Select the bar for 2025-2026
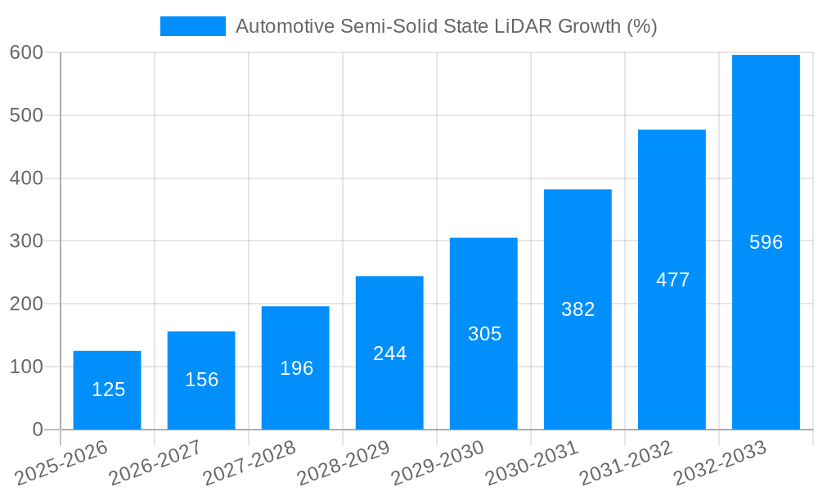click(107, 390)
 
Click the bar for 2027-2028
click(295, 367)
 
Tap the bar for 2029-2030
click(483, 333)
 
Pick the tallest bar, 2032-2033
click(766, 242)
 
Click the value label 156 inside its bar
click(201, 380)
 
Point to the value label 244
click(389, 354)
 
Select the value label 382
click(578, 309)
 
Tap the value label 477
click(672, 280)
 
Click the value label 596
click(766, 242)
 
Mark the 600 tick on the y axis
click(26, 52)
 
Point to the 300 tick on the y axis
click(26, 241)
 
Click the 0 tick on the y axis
click(37, 430)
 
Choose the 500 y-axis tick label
click(26, 115)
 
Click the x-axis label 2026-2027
click(155, 463)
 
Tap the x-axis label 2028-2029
click(344, 463)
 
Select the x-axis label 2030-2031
click(532, 463)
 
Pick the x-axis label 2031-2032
click(626, 463)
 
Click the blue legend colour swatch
click(193, 26)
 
